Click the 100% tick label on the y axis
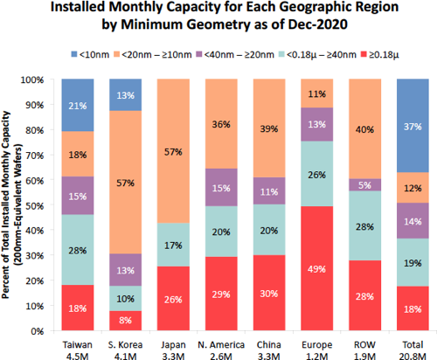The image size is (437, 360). click(42, 79)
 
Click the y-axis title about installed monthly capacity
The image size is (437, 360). click(10, 205)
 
